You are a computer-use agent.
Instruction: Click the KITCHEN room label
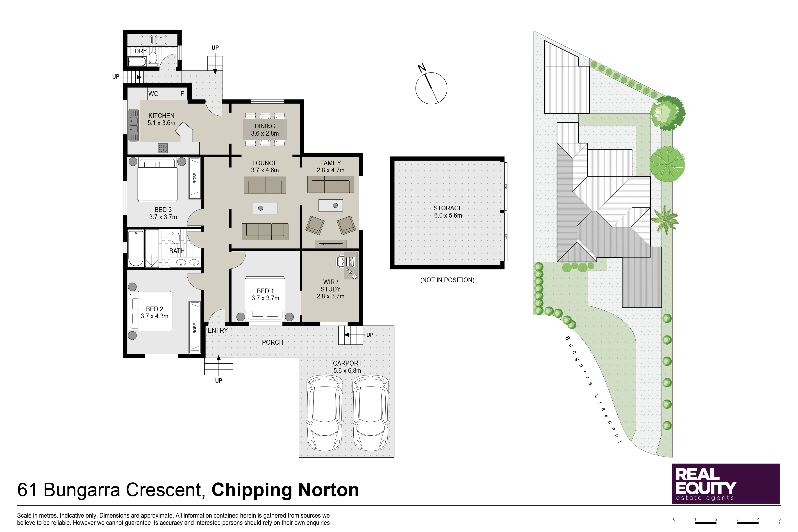pyautogui.click(x=161, y=116)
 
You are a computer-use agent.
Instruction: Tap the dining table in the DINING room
pyautogui.click(x=265, y=130)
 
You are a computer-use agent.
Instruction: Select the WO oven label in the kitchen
pyautogui.click(x=153, y=94)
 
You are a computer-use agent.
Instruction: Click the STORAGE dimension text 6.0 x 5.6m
pyautogui.click(x=448, y=216)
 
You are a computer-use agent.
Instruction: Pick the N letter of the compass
pyautogui.click(x=422, y=68)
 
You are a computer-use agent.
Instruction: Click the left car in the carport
pyautogui.click(x=324, y=413)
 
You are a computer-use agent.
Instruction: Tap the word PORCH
pyautogui.click(x=273, y=342)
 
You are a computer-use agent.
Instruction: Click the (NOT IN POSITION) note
pyautogui.click(x=447, y=280)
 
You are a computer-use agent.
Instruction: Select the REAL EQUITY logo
pyautogui.click(x=726, y=484)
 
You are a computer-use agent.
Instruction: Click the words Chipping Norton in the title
pyautogui.click(x=285, y=490)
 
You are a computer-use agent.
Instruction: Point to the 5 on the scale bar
pyautogui.click(x=779, y=519)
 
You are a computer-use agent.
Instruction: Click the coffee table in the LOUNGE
pyautogui.click(x=265, y=208)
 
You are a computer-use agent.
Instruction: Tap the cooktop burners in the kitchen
pyautogui.click(x=163, y=148)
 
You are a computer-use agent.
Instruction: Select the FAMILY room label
pyautogui.click(x=330, y=163)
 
